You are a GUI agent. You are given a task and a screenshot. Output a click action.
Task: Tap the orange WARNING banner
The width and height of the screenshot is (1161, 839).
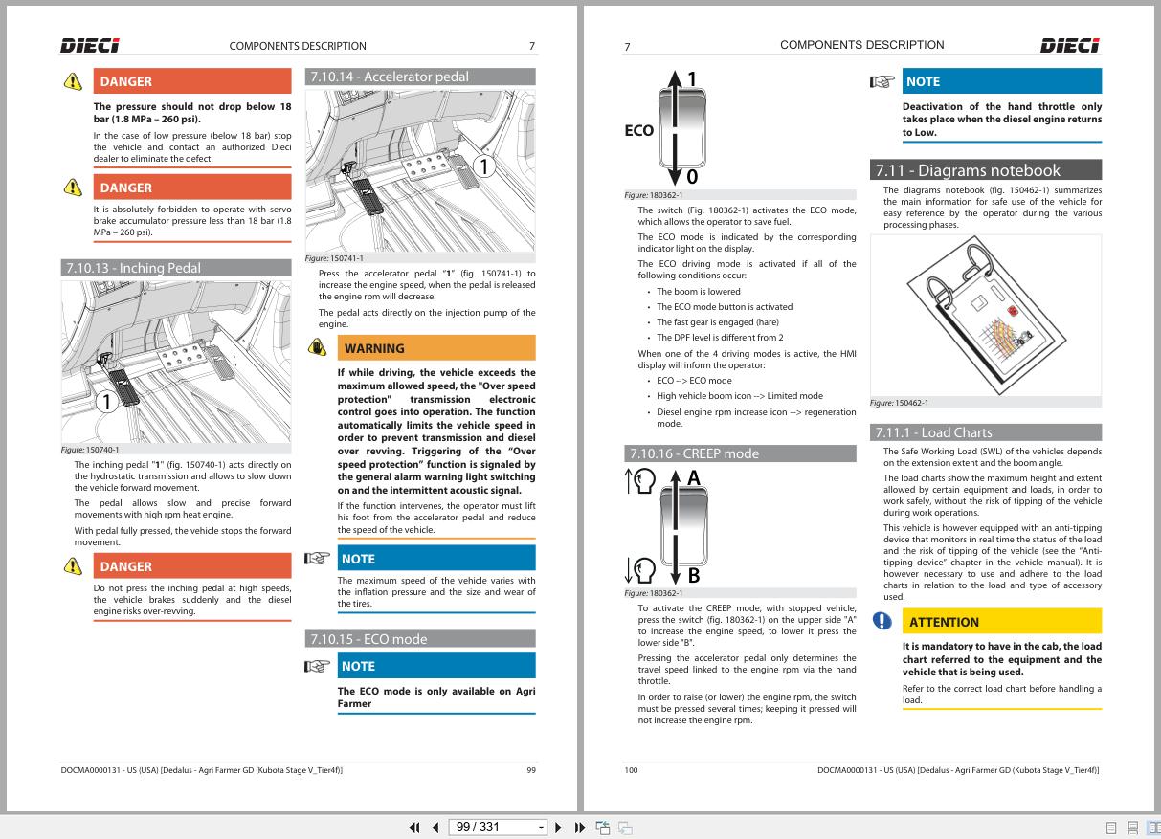436,348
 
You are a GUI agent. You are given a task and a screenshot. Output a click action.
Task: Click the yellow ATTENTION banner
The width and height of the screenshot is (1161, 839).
1002,622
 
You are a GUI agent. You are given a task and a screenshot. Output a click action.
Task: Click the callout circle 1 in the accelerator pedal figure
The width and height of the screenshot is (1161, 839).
484,166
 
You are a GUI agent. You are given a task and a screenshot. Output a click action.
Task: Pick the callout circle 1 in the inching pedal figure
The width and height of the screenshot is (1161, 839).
107,402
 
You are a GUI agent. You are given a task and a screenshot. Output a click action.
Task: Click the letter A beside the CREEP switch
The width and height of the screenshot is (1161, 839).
694,477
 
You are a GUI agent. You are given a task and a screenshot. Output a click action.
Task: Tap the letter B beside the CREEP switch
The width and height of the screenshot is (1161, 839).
694,575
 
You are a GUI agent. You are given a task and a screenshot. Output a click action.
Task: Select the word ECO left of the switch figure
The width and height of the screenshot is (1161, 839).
639,130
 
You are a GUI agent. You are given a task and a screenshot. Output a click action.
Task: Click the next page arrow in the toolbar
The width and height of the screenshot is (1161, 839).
558,828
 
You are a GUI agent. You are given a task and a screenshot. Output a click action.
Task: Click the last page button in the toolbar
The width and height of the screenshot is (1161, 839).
580,828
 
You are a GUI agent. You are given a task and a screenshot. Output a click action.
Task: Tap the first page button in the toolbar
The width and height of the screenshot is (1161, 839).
414,828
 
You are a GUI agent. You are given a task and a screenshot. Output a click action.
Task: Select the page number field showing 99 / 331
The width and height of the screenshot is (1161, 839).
498,828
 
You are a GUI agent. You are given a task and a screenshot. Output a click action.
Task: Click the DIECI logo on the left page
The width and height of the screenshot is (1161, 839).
90,46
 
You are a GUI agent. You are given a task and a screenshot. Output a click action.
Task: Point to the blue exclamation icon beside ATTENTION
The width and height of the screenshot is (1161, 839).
882,621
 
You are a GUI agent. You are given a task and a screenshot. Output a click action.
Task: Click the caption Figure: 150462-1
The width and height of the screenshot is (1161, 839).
900,403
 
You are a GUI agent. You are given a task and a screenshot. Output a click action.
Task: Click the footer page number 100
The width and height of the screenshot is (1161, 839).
632,770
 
